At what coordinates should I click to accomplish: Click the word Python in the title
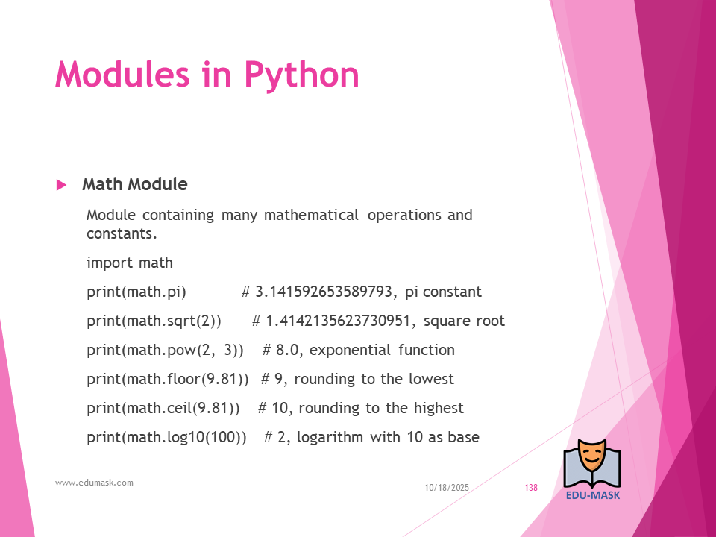click(x=302, y=75)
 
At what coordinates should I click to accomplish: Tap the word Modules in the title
click(x=122, y=74)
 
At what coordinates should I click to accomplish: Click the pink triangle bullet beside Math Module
click(x=61, y=185)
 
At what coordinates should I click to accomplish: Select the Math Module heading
click(x=135, y=184)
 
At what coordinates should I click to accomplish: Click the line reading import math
click(x=130, y=263)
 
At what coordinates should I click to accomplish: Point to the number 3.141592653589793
click(x=323, y=292)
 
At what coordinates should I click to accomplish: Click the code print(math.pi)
click(x=136, y=292)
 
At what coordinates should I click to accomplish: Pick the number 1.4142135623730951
click(x=338, y=321)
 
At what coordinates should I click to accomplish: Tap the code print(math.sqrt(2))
click(x=154, y=321)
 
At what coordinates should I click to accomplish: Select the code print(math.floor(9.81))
click(x=168, y=380)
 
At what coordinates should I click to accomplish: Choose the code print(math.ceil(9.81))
click(x=163, y=408)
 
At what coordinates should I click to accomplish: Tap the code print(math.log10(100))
click(x=166, y=438)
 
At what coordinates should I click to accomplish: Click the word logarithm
click(x=330, y=438)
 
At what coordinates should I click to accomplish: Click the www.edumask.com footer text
click(x=94, y=483)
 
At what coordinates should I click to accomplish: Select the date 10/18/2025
click(x=447, y=488)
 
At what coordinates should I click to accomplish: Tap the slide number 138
click(x=531, y=488)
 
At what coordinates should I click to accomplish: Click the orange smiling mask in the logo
click(x=591, y=458)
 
